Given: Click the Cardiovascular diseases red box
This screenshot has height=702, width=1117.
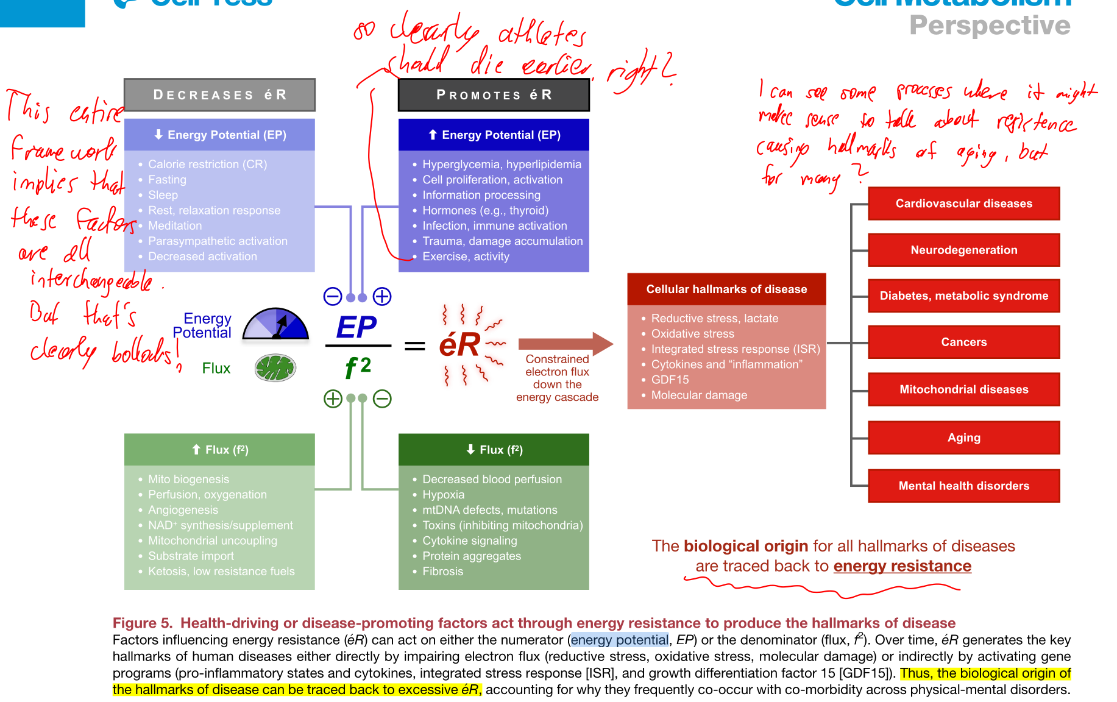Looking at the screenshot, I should (x=963, y=204).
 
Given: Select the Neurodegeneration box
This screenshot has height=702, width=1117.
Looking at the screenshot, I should (x=963, y=250).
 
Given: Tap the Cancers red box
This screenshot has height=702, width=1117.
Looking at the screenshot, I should (x=963, y=342).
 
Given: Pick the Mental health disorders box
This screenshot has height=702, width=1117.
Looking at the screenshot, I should (x=963, y=486).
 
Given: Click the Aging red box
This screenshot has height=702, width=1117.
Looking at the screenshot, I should (x=963, y=438).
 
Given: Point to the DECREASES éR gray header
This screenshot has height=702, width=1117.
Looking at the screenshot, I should (x=219, y=95).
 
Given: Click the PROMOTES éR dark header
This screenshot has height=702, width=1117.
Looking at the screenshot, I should (x=494, y=95).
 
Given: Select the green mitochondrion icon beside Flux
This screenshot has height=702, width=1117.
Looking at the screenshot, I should (x=275, y=368).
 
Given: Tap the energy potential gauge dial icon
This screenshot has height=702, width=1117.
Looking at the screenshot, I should (x=275, y=324).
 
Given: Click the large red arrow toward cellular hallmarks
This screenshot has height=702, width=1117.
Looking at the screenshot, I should (x=564, y=344).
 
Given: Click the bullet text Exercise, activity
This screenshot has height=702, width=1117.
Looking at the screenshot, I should (x=466, y=257).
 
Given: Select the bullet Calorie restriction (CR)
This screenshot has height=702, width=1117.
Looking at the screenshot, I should (x=207, y=165).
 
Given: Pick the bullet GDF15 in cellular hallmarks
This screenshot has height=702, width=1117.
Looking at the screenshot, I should (x=670, y=380).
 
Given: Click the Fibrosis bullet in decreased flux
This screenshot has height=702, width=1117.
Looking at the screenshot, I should (x=442, y=572).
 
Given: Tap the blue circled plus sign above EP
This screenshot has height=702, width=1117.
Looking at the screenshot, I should (x=382, y=297).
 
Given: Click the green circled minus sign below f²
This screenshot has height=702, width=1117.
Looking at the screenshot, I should (x=382, y=399).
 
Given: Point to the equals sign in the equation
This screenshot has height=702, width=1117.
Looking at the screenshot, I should (x=415, y=346).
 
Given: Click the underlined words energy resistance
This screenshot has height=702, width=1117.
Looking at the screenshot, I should (x=902, y=566).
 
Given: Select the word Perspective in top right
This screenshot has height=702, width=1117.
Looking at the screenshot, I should (x=990, y=26).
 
